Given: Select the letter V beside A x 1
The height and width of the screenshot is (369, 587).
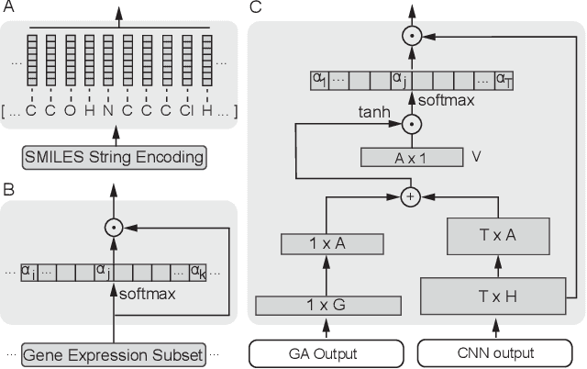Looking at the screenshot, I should (x=476, y=157).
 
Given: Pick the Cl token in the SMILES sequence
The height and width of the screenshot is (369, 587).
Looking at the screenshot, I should (x=186, y=110).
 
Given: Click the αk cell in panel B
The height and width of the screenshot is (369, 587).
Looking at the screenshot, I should (x=198, y=271).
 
